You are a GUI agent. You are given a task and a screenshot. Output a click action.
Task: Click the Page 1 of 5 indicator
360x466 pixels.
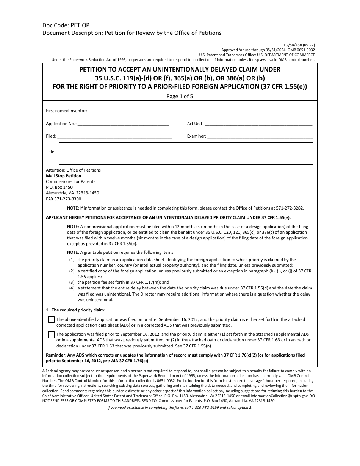(x=180, y=96)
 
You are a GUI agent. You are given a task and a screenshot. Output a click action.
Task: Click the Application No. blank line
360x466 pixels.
(x=123, y=124)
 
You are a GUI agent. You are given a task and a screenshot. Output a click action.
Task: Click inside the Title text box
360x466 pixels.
(x=186, y=153)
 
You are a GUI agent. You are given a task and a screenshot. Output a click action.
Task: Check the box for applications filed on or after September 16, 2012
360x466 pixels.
(x=51, y=320)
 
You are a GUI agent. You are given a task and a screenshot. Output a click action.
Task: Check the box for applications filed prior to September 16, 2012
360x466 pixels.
(x=51, y=335)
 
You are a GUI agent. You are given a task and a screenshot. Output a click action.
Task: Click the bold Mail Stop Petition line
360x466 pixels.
(x=63, y=176)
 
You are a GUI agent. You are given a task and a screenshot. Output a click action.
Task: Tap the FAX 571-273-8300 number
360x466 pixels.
(x=63, y=199)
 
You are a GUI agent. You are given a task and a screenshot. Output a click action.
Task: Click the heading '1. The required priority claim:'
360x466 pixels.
(x=70, y=310)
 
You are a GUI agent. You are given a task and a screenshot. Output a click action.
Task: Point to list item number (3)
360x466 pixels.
(x=72, y=282)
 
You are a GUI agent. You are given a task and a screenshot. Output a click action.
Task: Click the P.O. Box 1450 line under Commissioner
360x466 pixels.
(x=59, y=187)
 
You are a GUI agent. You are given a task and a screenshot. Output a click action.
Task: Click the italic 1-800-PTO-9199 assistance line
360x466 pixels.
(x=180, y=407)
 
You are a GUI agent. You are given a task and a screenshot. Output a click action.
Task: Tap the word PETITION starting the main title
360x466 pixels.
(x=94, y=70)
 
